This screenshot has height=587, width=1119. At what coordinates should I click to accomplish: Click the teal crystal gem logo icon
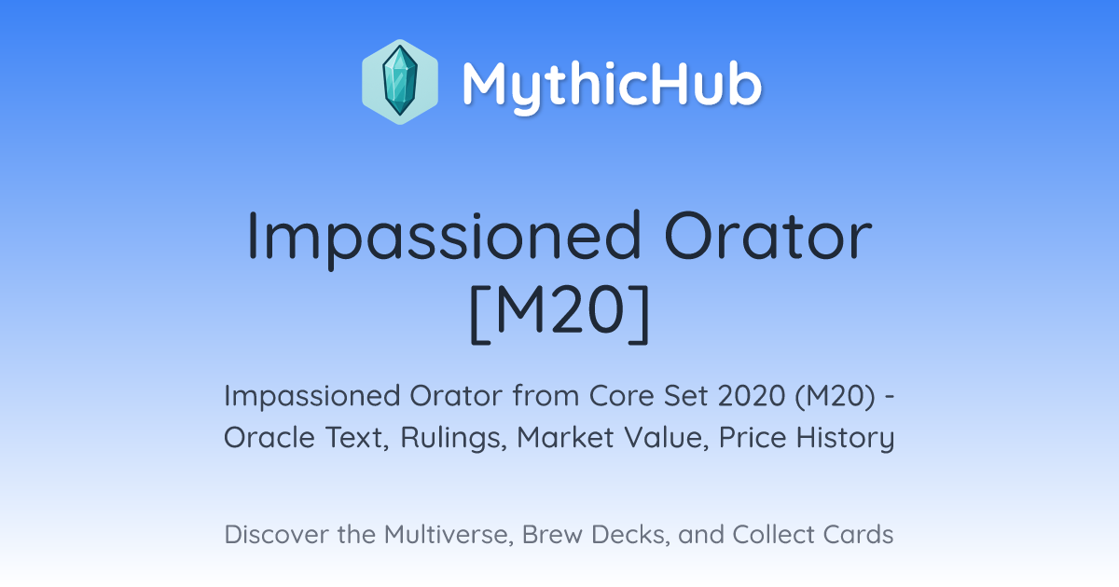(400, 81)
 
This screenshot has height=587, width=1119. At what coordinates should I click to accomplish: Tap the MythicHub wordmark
(612, 85)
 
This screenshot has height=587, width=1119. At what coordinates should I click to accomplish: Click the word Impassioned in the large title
(444, 238)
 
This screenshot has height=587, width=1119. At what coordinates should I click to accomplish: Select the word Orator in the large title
(768, 236)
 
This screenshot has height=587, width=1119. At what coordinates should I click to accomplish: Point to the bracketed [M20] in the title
(559, 314)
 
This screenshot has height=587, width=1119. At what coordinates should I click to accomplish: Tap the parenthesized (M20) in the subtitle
(835, 397)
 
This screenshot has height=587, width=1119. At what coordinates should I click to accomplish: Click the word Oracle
(269, 438)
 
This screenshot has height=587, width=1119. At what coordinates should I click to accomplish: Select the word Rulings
(453, 439)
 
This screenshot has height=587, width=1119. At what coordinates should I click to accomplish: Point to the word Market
(565, 438)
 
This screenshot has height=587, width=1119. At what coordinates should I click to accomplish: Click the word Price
(753, 438)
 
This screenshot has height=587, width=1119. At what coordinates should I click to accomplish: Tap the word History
(845, 439)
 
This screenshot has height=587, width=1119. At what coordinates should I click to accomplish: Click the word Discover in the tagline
(276, 535)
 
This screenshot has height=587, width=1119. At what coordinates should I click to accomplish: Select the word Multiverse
(449, 535)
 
